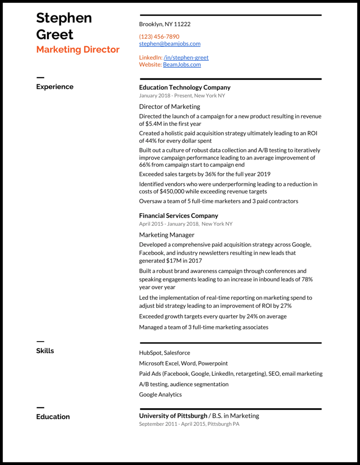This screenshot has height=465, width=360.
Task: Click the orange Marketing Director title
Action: pos(78,50)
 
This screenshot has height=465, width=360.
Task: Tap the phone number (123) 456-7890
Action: pos(159,36)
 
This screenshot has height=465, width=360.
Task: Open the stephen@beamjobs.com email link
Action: pos(170,44)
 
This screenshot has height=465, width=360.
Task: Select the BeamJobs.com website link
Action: pos(182,64)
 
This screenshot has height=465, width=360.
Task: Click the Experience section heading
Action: pos(54,87)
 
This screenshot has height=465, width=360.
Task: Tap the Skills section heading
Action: pos(45,351)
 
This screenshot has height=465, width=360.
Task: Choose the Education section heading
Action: pos(53,417)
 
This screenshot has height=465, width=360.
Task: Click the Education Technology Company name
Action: pos(184,87)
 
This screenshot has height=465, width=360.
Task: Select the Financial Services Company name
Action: pos(178,216)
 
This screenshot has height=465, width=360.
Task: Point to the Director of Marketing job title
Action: pos(169,107)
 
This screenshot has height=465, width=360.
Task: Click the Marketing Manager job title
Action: pos(166,235)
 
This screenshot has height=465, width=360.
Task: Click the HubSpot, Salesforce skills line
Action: pos(164,353)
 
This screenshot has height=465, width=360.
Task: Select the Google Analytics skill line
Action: pos(160,395)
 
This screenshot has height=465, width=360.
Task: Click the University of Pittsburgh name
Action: pos(173,416)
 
